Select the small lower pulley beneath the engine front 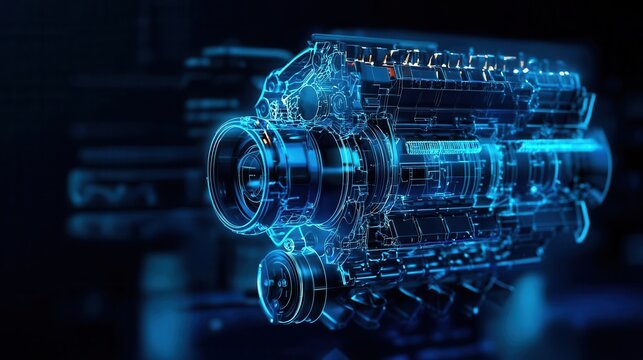[290, 284]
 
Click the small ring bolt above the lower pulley [289, 244]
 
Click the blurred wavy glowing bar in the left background [110, 187]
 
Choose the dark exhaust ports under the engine [420, 295]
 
